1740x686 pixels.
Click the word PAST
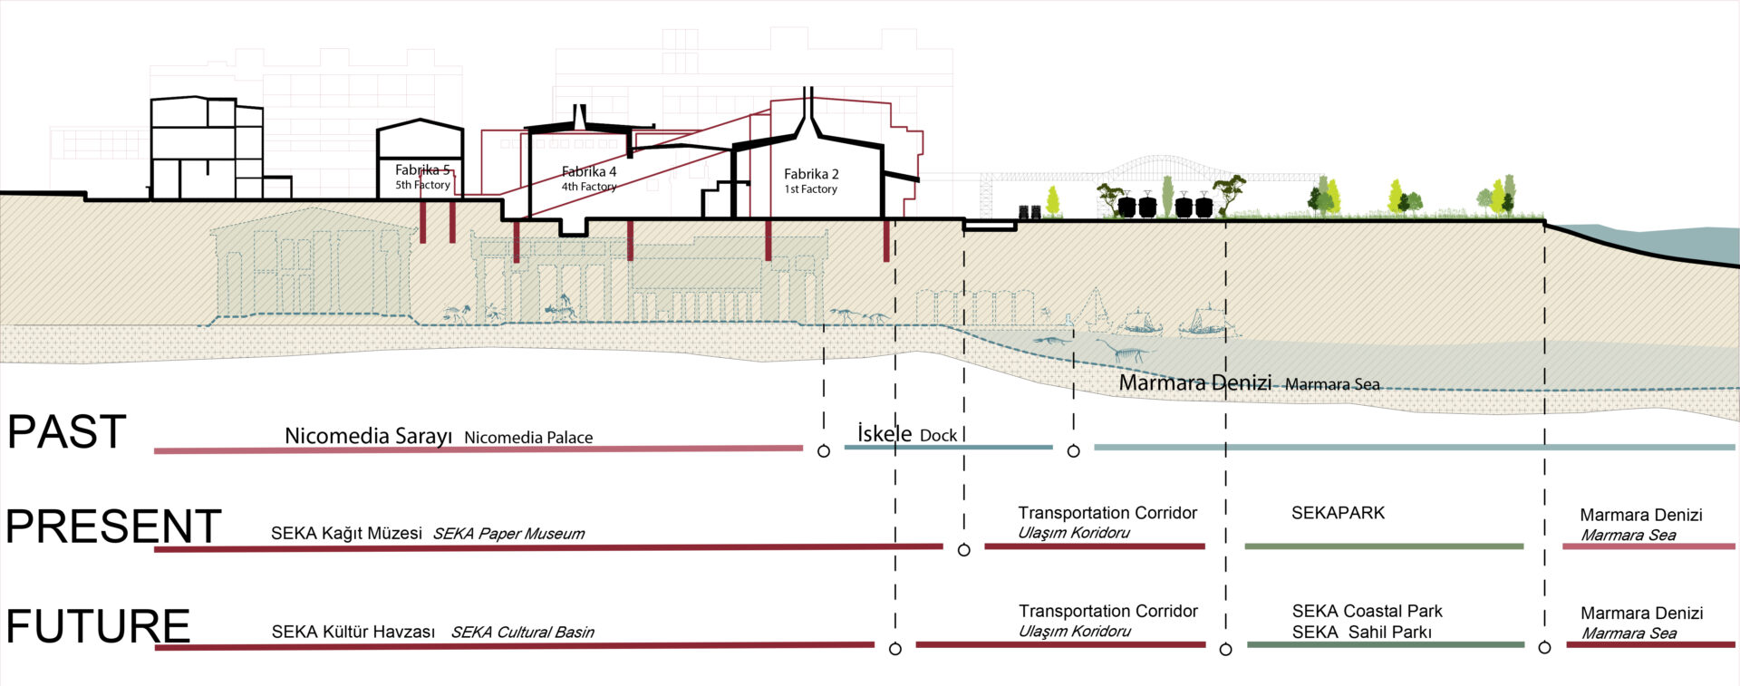pos(66,432)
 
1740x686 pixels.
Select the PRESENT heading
pos(113,527)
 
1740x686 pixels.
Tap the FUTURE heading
pos(98,626)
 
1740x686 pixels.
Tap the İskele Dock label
pos(907,435)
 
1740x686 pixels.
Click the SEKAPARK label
pos(1338,513)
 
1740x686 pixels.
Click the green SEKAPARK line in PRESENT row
pos(1383,546)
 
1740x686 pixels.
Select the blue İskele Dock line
pos(948,447)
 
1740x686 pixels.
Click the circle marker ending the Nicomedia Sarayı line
pos(824,451)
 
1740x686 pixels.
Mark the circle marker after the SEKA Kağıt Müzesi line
pos(964,550)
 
